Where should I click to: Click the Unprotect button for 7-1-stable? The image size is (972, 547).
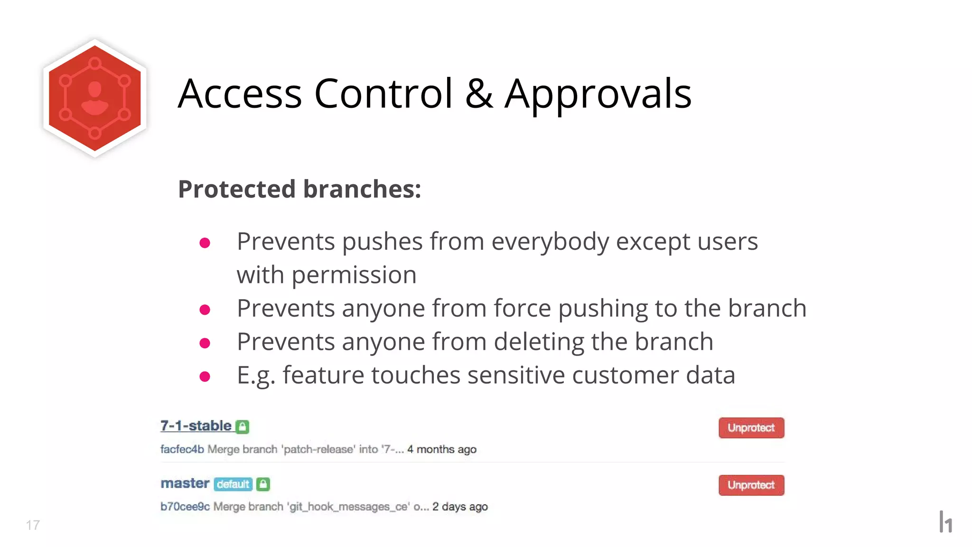click(751, 427)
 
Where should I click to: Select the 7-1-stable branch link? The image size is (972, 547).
click(196, 425)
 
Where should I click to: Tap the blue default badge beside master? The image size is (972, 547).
click(233, 484)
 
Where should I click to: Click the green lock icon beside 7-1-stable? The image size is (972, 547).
click(243, 426)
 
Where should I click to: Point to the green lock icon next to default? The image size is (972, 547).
click(263, 484)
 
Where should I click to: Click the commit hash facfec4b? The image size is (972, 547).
click(182, 449)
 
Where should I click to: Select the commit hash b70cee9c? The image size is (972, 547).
click(185, 507)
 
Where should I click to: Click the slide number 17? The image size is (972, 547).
click(33, 525)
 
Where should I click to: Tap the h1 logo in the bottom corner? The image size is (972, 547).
click(945, 522)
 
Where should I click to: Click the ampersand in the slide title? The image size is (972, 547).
click(478, 94)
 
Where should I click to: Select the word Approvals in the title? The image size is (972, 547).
click(598, 94)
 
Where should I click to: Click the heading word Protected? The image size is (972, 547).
click(237, 189)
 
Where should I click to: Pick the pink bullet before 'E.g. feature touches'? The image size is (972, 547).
click(205, 377)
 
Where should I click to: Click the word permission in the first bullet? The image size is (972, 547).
click(354, 275)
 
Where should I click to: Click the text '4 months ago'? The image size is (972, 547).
click(441, 449)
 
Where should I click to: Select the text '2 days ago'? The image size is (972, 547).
click(459, 507)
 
